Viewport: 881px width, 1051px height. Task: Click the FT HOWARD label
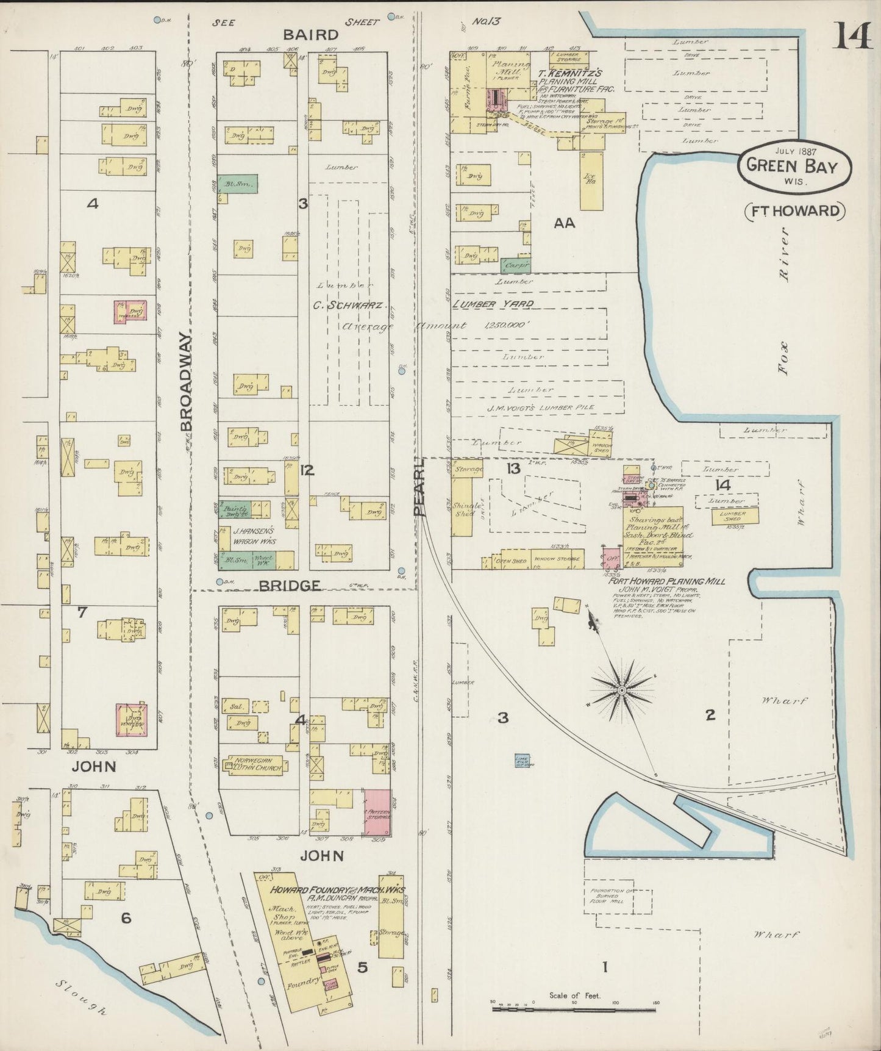click(795, 211)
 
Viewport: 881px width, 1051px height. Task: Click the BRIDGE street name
click(290, 586)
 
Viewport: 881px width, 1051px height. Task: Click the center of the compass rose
click(621, 690)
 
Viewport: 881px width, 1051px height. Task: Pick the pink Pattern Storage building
click(377, 812)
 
